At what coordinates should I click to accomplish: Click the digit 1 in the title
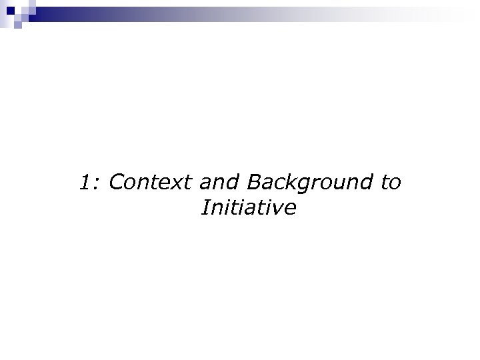[x=84, y=182]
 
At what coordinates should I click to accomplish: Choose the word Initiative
[x=247, y=209]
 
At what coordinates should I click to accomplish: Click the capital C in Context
[x=115, y=182]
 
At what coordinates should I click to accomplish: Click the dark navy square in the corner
[x=10, y=10]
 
